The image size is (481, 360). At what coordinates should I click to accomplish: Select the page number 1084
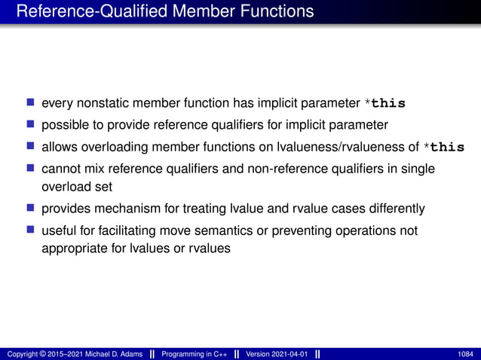tap(466, 354)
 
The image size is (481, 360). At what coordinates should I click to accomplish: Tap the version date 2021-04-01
tap(290, 354)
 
